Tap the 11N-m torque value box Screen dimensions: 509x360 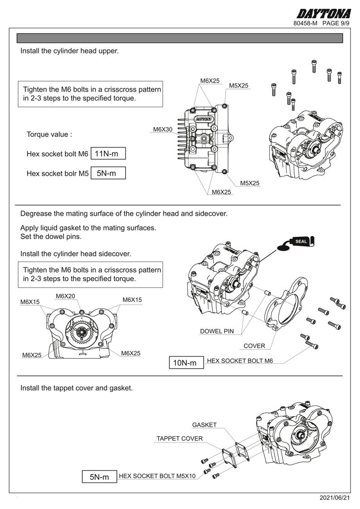108,154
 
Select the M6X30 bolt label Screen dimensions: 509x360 162,129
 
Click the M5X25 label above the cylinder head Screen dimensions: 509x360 238,85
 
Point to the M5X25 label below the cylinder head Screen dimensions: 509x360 250,183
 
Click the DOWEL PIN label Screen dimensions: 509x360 217,331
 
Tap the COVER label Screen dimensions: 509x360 254,346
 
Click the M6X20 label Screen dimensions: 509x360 66,296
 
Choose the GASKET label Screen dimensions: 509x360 204,425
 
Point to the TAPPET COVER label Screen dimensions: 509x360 180,439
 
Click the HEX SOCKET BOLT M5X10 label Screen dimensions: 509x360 157,476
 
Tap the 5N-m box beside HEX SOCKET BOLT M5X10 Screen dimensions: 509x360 99,477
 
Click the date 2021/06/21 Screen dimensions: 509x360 335,498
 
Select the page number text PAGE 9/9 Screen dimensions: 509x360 336,23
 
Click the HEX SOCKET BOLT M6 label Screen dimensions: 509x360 240,361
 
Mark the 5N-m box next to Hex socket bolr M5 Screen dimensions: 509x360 108,173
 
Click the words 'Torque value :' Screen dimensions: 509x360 49,134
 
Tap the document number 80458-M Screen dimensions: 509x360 305,23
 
